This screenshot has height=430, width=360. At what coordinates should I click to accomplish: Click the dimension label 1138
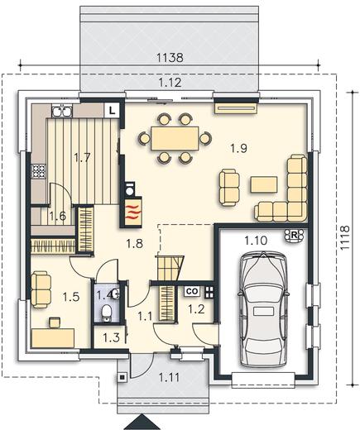coord(170,58)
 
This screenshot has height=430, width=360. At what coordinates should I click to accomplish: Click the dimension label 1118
coord(345,238)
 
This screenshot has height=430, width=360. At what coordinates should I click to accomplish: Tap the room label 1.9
coord(238,149)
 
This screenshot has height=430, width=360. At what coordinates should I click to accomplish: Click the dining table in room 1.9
coord(175,138)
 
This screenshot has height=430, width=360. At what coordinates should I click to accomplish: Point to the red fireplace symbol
coord(131,212)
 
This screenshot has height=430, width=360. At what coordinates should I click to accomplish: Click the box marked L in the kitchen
coord(112,110)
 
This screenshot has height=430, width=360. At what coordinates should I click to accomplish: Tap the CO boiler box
coord(193,291)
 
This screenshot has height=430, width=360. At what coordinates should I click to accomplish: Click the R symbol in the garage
coord(295,236)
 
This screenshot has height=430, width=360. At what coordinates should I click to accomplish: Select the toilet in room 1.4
coord(106,313)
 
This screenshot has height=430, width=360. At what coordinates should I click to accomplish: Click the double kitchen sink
coord(62,111)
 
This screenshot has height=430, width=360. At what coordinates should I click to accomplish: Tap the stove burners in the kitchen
coord(38,171)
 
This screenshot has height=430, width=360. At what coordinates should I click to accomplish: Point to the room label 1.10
coord(256,241)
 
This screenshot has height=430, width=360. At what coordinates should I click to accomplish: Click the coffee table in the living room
coord(264,184)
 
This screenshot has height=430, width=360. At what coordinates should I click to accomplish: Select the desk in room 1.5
coord(53,337)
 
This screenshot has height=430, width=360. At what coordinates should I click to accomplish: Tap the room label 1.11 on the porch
coord(169,377)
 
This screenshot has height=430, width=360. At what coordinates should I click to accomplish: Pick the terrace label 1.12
coord(170,83)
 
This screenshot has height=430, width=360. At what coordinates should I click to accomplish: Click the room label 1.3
coord(112,337)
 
